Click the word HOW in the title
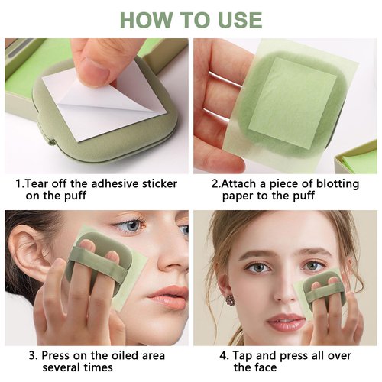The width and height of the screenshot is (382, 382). (x=144, y=19)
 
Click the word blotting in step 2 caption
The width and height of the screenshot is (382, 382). (x=327, y=183)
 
